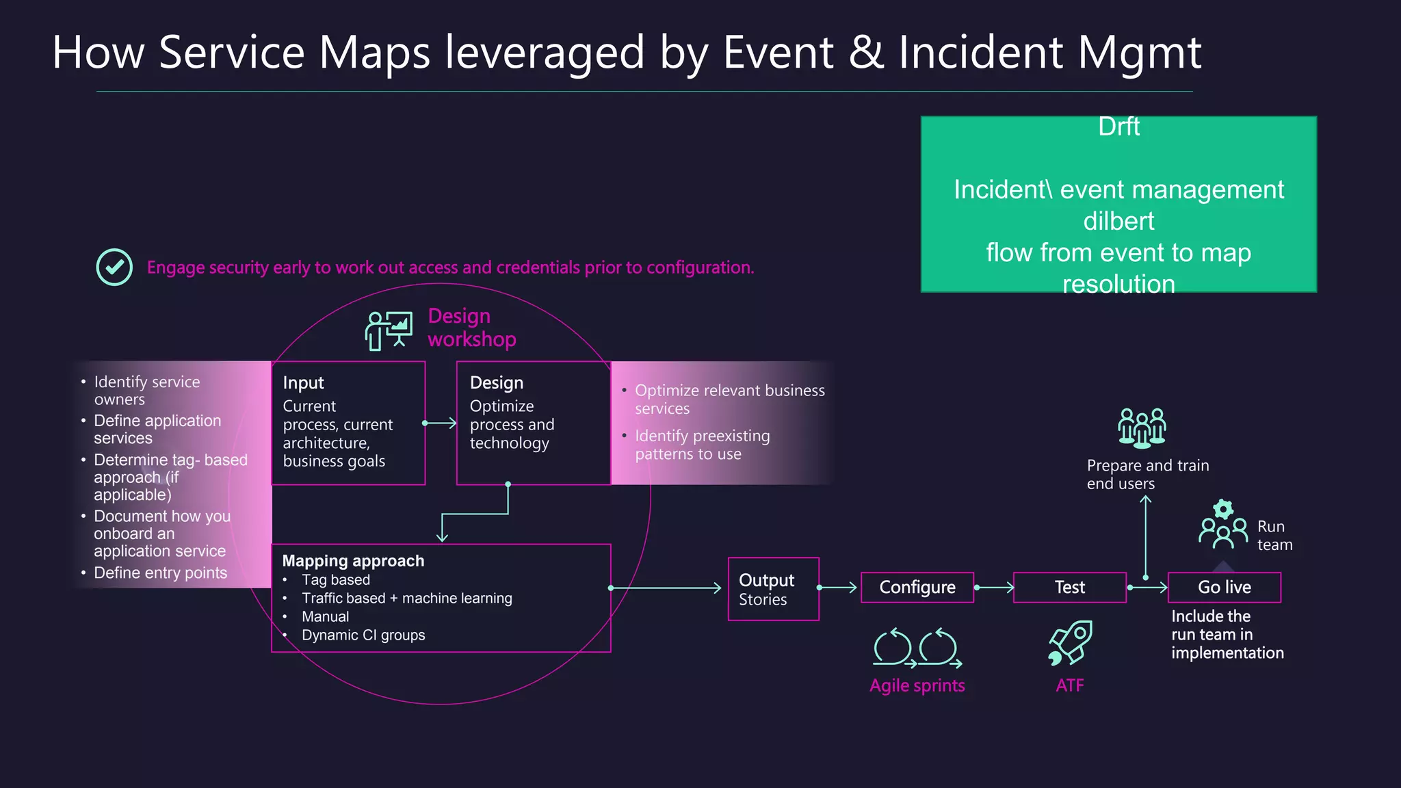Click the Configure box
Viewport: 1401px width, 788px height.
[x=917, y=588]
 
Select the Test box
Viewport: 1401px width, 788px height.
[x=1069, y=588]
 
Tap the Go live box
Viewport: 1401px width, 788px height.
[x=1224, y=588]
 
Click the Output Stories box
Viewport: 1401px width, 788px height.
[x=773, y=589]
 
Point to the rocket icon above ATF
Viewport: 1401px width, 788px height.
[x=1071, y=642]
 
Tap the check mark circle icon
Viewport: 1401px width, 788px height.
[x=114, y=267]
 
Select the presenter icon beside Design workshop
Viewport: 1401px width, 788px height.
[x=389, y=330]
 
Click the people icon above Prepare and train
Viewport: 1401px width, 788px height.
[x=1142, y=428]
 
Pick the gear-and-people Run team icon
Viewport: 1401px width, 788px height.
[x=1223, y=525]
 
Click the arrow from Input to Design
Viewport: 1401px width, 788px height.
[x=440, y=423]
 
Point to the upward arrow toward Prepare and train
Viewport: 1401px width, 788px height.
[x=1146, y=537]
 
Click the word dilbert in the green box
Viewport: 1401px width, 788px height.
[x=1118, y=221]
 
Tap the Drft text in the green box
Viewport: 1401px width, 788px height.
[x=1118, y=127]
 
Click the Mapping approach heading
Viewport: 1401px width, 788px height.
[x=353, y=561]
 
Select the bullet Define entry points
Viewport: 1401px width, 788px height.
[x=160, y=573]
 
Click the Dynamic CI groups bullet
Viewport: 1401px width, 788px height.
[x=363, y=635]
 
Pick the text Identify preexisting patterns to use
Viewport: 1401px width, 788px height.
[x=702, y=445]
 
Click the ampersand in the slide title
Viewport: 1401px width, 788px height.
[x=865, y=53]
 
